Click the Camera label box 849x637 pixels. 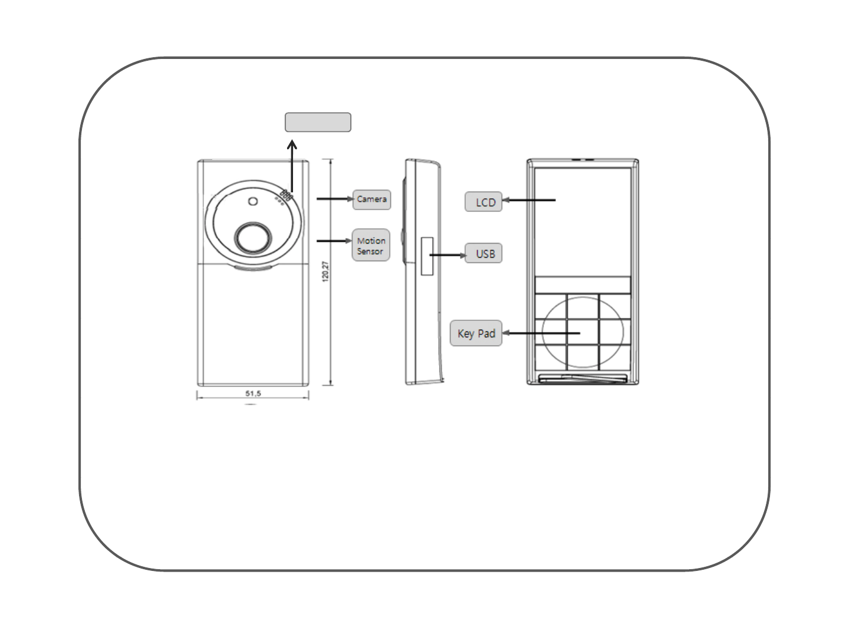click(x=371, y=199)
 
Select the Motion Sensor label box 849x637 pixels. click(x=371, y=245)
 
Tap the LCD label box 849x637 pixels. click(x=483, y=202)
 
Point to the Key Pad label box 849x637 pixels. click(x=476, y=333)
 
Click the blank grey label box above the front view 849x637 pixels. click(x=318, y=122)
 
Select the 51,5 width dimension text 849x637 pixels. click(x=253, y=393)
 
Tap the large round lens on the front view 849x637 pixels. click(x=253, y=237)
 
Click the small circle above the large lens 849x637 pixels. click(x=253, y=202)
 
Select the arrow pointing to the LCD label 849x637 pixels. click(x=531, y=201)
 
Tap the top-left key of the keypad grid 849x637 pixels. click(x=551, y=307)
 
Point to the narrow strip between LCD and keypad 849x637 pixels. click(x=583, y=285)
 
